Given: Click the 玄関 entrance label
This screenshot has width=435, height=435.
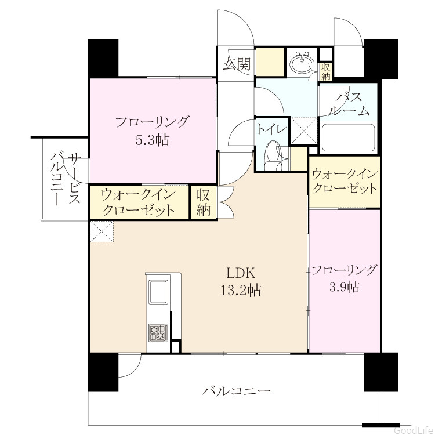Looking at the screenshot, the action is [x=237, y=64].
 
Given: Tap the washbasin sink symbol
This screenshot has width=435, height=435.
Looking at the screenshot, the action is [x=302, y=63].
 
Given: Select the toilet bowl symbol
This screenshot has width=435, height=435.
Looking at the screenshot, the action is [x=274, y=155].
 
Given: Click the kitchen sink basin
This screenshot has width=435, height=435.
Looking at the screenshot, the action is [x=158, y=292].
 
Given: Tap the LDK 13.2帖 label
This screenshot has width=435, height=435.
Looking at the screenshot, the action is [x=241, y=281].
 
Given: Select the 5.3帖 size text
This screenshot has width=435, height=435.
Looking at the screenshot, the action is [x=153, y=140].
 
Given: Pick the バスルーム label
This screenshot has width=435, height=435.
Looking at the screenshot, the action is [x=349, y=104].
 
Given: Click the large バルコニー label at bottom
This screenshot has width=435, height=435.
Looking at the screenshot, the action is [x=236, y=391].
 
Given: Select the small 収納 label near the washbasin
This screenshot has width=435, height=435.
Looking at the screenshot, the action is [x=326, y=71].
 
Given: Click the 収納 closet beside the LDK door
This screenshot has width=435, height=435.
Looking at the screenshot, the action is [x=204, y=202].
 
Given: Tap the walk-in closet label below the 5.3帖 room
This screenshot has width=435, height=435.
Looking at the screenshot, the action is [x=139, y=202].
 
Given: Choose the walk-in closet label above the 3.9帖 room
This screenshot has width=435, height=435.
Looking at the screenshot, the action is [x=345, y=182].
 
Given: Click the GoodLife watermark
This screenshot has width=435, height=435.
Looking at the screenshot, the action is [x=414, y=430].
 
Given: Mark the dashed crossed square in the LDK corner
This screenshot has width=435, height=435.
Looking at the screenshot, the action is [x=102, y=231].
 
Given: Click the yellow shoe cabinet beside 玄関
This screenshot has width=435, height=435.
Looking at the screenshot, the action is [x=270, y=62].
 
